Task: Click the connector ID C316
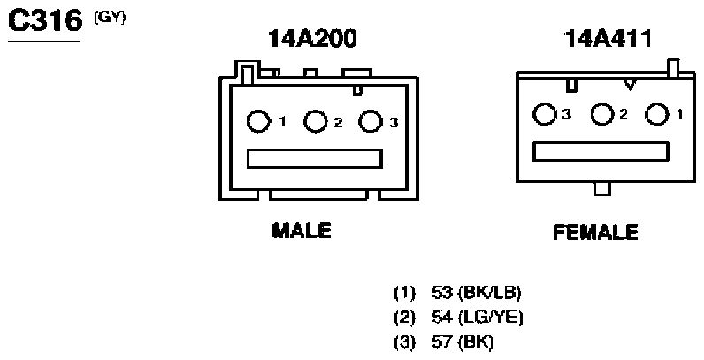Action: (x=45, y=21)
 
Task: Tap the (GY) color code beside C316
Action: (x=110, y=18)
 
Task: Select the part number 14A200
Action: (x=312, y=39)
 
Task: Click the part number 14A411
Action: (x=607, y=39)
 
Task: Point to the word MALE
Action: (x=302, y=230)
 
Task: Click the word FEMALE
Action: (x=595, y=232)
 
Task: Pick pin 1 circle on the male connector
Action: (x=258, y=121)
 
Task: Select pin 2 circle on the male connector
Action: (x=315, y=121)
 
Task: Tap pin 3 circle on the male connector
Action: (x=371, y=121)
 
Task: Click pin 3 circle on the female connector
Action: (x=544, y=114)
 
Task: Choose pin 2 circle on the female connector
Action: (x=602, y=114)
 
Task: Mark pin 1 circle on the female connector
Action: (x=657, y=114)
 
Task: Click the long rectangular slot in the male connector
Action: (x=314, y=159)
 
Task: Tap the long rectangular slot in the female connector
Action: (x=601, y=152)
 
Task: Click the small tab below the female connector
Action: (x=602, y=189)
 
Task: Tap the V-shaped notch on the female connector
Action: (x=631, y=84)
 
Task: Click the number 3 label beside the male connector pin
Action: (x=394, y=122)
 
